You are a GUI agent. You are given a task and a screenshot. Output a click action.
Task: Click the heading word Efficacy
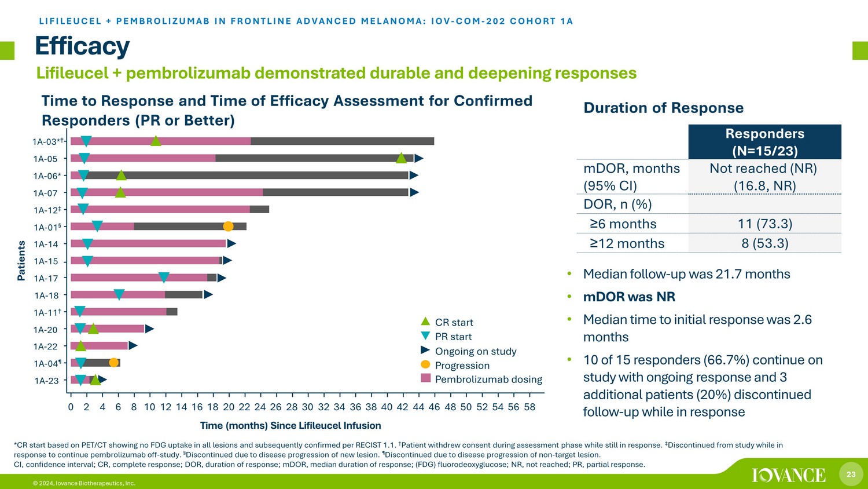82,46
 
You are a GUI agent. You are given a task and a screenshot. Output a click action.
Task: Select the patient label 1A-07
45,193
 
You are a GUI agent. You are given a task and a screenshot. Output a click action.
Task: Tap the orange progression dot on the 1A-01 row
228,226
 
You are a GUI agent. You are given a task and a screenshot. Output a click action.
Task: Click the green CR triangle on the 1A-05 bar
401,158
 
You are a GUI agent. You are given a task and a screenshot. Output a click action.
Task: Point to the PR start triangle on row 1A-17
164,278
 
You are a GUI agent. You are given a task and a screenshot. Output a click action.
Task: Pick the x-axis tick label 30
307,407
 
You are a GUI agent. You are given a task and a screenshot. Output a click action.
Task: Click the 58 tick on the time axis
529,407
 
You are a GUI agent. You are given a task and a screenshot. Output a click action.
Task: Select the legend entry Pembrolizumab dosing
488,379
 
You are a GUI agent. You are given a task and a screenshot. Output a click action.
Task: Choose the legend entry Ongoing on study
475,351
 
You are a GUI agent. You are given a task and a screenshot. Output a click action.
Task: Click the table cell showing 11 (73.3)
765,224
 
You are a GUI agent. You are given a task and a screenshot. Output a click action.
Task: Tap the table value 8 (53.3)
765,243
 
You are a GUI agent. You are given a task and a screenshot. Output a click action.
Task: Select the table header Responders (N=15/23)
765,142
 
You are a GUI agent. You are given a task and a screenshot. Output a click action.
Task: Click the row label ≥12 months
627,243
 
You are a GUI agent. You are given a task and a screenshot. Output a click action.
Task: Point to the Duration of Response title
663,108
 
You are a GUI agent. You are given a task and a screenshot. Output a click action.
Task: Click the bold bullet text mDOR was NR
629,297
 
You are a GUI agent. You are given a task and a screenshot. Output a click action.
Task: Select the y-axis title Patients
21,261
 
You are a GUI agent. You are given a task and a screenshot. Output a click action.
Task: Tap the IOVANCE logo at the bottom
789,475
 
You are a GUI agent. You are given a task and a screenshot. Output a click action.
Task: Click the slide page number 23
851,475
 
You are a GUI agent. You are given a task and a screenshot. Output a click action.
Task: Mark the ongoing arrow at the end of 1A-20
149,329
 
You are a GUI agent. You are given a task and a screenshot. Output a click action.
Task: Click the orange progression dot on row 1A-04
114,363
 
